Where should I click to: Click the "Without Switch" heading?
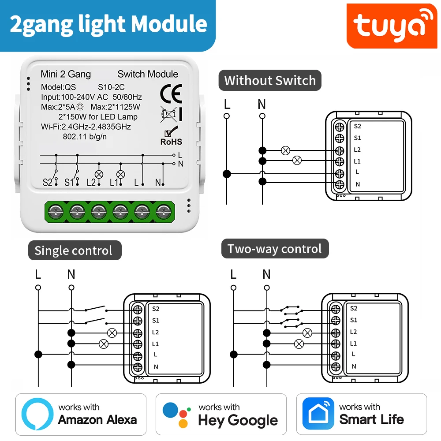pyautogui.click(x=270, y=81)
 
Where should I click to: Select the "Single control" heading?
pyautogui.click(x=73, y=250)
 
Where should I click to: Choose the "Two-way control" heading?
pyautogui.click(x=274, y=249)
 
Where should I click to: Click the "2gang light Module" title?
pyautogui.click(x=108, y=24)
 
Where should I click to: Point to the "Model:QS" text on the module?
pyautogui.click(x=59, y=87)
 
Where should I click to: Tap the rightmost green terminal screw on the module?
pyautogui.click(x=164, y=212)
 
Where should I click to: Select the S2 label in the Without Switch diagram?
pyautogui.click(x=357, y=126)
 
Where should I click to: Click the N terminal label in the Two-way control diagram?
pyautogui.click(x=354, y=366)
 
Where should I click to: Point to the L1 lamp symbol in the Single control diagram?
pyautogui.click(x=104, y=343)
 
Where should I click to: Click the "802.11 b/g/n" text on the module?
pyautogui.click(x=85, y=136)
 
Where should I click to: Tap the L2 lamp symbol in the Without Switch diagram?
pyautogui.click(x=285, y=151)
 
